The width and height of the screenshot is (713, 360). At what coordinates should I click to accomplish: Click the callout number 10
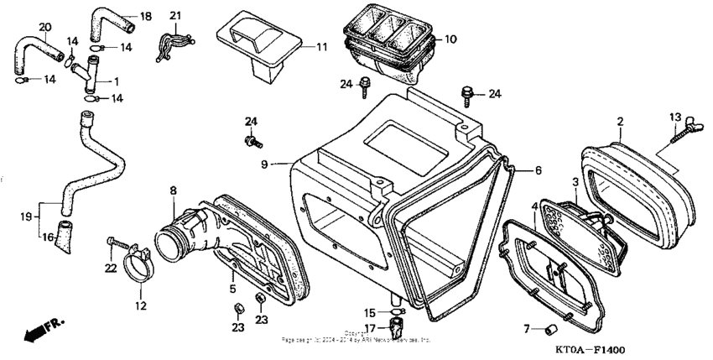tap(450, 39)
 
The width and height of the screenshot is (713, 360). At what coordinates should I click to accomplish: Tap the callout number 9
tap(264, 165)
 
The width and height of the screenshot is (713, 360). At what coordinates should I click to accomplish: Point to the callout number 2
tap(621, 123)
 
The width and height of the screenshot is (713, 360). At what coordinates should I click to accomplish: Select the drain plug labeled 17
tap(398, 325)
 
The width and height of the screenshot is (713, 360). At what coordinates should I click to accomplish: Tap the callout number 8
tap(174, 190)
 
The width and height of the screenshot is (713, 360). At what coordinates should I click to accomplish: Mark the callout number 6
tap(538, 170)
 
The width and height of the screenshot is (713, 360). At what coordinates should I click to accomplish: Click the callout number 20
tap(45, 27)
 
